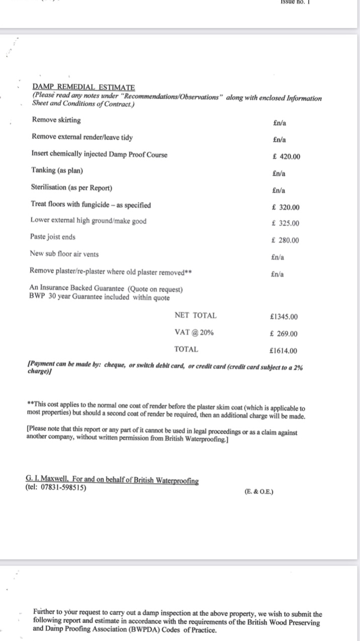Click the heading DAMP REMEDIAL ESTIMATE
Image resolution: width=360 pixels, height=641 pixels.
point(83,87)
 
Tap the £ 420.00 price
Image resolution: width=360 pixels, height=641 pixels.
point(286,156)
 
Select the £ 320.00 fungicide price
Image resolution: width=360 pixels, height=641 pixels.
point(285,207)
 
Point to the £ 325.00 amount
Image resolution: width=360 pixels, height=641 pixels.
point(285,223)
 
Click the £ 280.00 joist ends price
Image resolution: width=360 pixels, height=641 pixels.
point(285,241)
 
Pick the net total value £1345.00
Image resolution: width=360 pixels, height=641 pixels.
point(284,316)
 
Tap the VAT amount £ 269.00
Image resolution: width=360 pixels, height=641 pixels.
point(284,334)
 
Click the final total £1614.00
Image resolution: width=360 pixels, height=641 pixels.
point(284,351)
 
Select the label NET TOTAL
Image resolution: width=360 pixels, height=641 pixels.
point(196,315)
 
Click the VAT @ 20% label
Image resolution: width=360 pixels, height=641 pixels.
point(194,333)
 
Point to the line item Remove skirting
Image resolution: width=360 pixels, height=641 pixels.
point(56,120)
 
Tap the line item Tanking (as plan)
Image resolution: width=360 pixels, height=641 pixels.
point(57,170)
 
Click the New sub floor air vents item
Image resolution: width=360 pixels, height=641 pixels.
point(64,254)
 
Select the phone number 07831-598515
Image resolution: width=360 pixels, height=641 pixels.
point(63,488)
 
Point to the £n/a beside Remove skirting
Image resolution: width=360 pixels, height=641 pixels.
point(280,123)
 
